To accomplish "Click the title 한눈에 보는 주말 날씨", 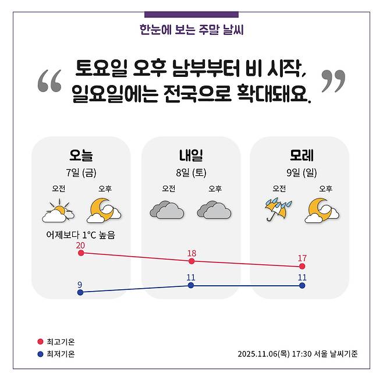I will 191,29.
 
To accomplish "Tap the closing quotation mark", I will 333,81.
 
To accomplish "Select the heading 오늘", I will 81,155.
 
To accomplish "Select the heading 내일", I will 191,155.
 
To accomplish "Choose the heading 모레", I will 302,155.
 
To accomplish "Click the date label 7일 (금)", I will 81,172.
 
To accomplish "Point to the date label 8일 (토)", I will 191,172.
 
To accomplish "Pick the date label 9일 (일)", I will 302,172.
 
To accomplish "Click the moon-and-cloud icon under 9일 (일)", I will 321,211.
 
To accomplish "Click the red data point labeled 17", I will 302,266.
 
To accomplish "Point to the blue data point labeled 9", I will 80,292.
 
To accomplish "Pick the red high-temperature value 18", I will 191,253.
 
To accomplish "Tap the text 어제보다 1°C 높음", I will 81,235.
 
